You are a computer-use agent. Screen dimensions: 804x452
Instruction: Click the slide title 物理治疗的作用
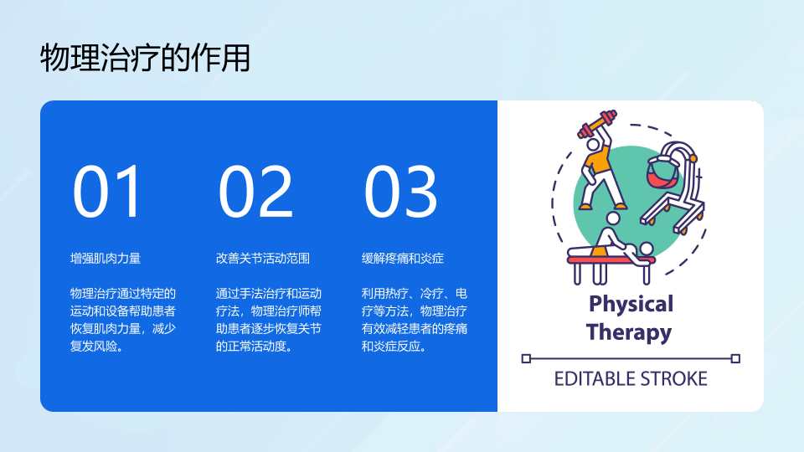click(145, 58)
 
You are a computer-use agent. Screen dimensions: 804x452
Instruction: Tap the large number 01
click(106, 192)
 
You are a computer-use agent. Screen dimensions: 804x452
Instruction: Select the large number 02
click(255, 192)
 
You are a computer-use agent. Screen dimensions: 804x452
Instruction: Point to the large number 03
click(400, 192)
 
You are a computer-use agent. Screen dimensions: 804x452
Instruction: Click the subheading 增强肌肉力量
click(106, 259)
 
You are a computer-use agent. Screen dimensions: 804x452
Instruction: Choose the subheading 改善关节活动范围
click(262, 259)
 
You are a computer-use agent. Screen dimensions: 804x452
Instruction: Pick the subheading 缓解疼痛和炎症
click(403, 259)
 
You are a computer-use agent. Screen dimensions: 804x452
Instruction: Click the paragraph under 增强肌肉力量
click(123, 320)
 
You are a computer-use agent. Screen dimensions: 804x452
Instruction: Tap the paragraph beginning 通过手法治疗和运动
click(269, 320)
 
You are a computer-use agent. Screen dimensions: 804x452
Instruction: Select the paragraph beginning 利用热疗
click(415, 320)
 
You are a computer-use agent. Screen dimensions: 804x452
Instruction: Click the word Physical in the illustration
click(631, 305)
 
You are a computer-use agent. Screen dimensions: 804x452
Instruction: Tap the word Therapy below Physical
click(629, 332)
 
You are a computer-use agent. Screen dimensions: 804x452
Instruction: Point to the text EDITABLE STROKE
click(631, 378)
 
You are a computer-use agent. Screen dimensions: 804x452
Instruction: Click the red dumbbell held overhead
click(597, 123)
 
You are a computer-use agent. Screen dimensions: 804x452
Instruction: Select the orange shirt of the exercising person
click(598, 160)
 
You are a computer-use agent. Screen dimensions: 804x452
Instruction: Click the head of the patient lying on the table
click(647, 249)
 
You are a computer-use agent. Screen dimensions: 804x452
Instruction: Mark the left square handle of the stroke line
click(526, 359)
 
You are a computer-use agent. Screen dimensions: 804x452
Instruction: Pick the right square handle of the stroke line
click(735, 359)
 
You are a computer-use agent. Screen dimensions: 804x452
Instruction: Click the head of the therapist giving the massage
click(613, 218)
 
